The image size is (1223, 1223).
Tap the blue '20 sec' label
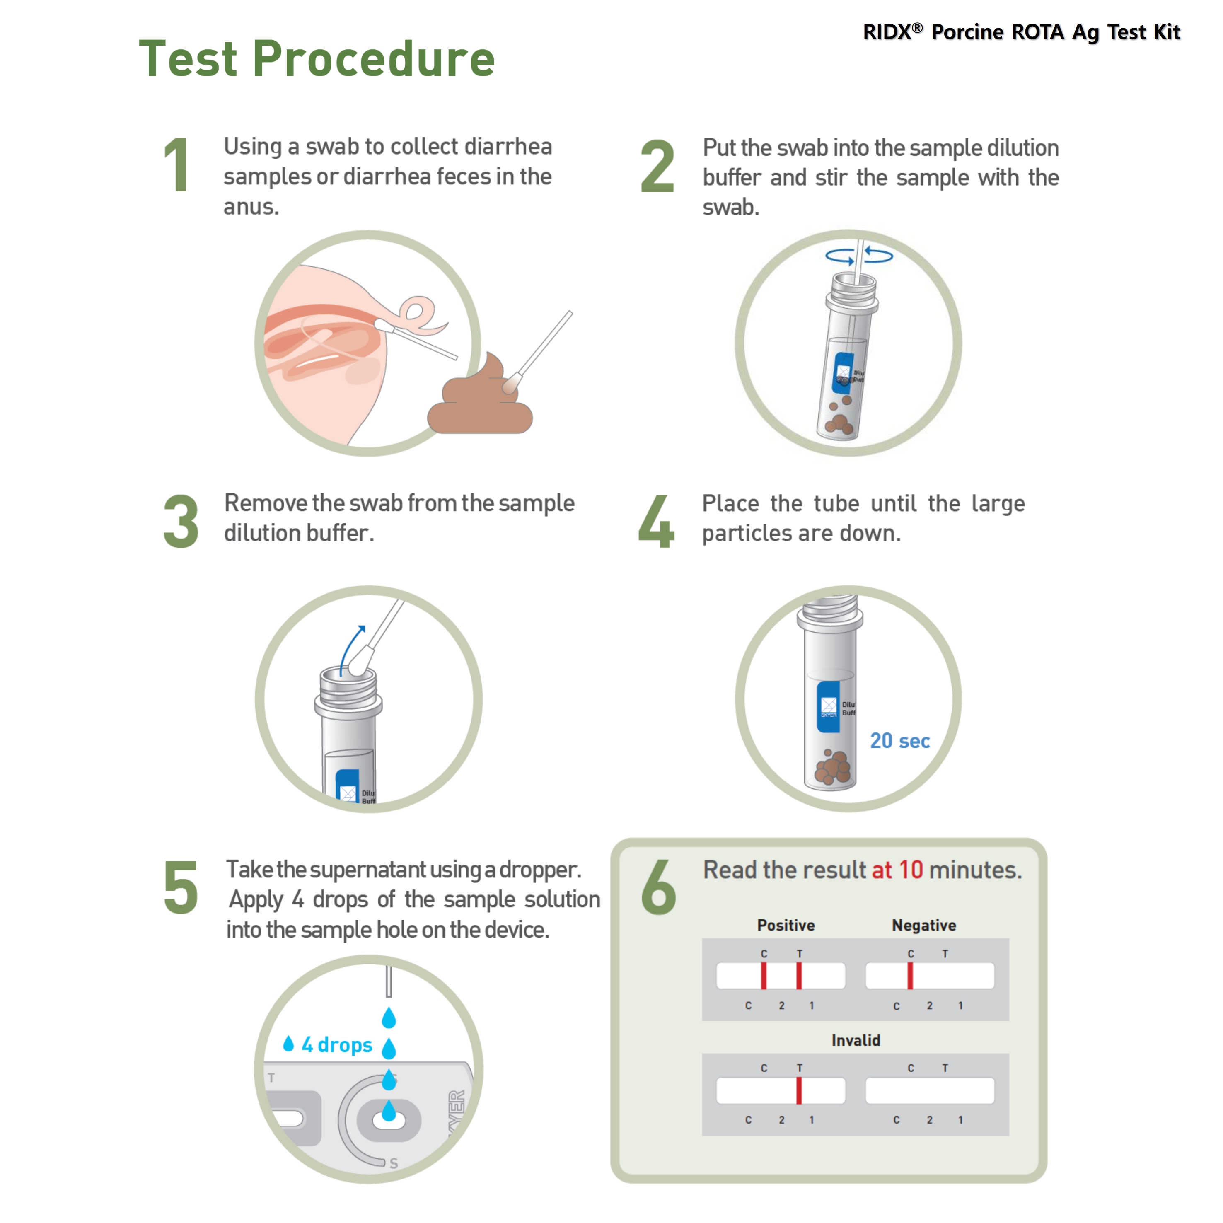pos(899,741)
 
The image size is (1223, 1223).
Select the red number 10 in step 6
pos(911,870)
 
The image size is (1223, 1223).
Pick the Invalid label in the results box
pos(856,1041)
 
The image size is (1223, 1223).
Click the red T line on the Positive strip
pos(799,976)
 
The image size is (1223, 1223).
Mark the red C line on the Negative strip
pos(910,976)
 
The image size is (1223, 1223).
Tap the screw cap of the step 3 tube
pos(348,689)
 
